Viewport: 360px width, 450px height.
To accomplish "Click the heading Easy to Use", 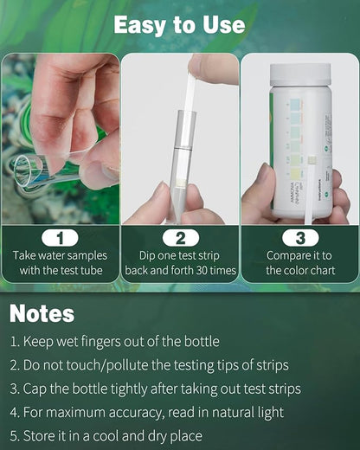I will [179, 25].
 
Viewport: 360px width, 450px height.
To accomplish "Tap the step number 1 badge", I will [60, 237].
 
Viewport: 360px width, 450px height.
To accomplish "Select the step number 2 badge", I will [180, 237].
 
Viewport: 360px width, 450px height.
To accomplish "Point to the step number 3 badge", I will [299, 237].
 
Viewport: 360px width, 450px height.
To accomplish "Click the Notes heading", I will [42, 312].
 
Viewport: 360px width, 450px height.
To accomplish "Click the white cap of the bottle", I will [300, 75].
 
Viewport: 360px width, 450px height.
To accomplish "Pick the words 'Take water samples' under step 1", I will [60, 255].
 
